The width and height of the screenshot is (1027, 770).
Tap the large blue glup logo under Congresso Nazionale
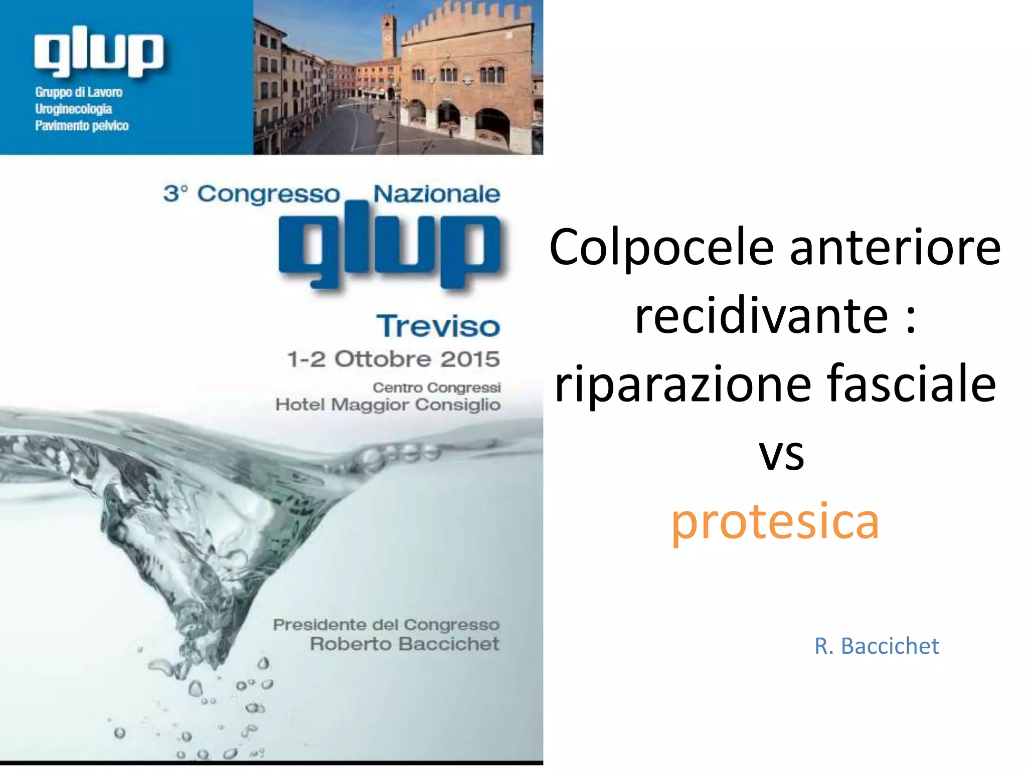click(390, 246)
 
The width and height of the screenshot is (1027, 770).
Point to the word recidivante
click(761, 316)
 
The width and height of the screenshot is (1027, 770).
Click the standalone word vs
click(781, 453)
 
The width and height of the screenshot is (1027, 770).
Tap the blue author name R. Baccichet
click(876, 646)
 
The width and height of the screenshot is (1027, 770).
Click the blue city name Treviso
click(438, 326)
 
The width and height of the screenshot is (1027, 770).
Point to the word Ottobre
click(383, 359)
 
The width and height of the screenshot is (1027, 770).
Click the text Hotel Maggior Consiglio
click(388, 405)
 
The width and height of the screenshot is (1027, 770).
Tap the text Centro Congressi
click(436, 388)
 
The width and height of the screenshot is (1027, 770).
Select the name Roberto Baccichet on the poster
click(404, 644)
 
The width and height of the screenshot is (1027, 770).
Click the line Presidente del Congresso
click(386, 625)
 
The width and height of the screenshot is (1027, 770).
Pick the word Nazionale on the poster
click(436, 194)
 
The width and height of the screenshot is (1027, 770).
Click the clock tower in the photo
click(389, 35)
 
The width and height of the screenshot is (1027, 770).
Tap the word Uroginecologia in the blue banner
click(73, 109)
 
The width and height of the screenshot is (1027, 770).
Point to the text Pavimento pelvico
click(82, 125)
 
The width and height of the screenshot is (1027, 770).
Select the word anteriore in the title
click(895, 247)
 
